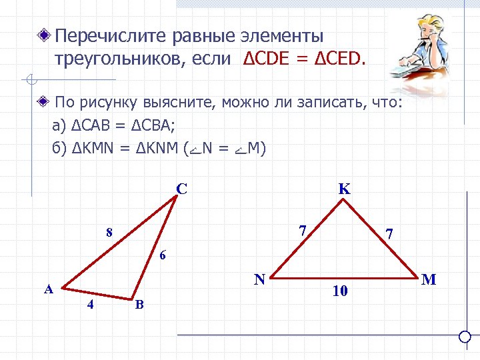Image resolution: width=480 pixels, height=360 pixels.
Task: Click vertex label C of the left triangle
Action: (x=181, y=189)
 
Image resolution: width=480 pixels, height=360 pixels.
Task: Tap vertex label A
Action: (x=48, y=289)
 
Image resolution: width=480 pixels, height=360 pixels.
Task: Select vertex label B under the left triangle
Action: (x=139, y=305)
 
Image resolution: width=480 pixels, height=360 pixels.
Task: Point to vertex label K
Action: (x=344, y=189)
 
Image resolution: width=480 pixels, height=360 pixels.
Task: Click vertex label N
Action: (x=259, y=279)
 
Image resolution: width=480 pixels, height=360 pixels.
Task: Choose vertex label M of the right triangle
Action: (x=429, y=279)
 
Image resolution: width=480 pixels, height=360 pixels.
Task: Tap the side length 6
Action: (x=163, y=255)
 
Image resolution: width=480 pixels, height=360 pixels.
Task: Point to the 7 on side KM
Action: (x=389, y=235)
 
